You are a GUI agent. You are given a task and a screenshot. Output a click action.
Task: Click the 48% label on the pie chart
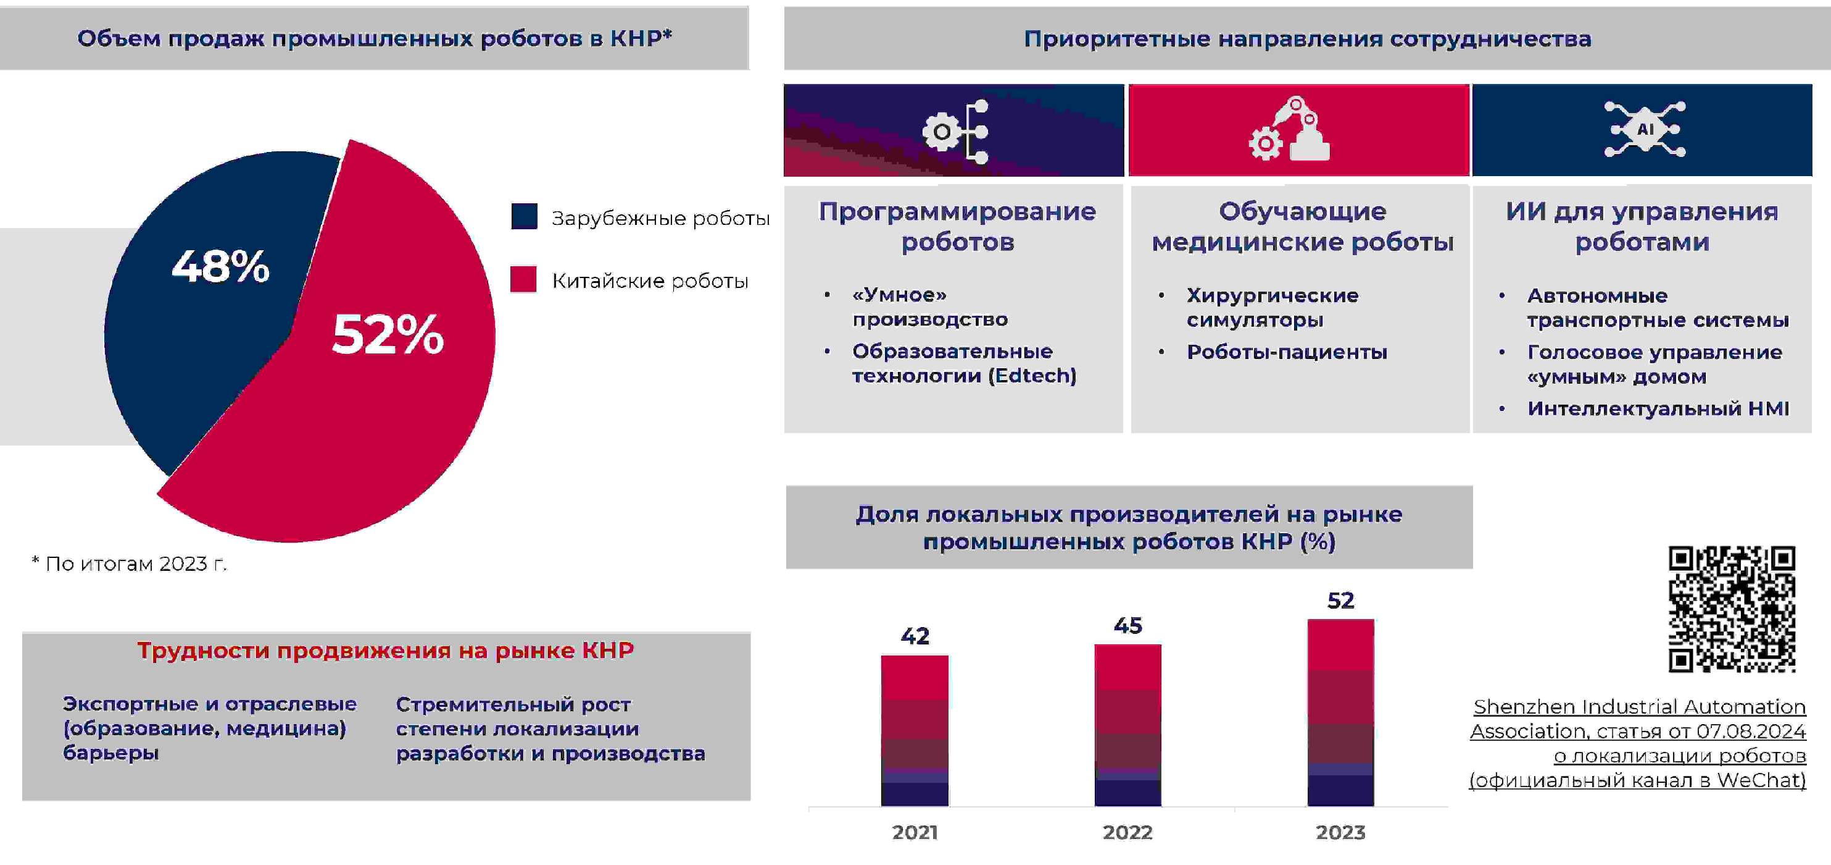[x=220, y=266]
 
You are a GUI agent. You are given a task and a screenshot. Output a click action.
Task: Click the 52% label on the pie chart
[x=388, y=334]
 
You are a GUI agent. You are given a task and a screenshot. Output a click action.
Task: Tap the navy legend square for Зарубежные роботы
[x=524, y=216]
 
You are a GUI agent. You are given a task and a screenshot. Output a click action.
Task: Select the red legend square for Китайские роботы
[x=523, y=279]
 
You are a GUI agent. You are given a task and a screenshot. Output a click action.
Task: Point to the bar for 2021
[x=915, y=730]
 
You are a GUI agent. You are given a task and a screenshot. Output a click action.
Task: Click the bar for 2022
[x=1128, y=725]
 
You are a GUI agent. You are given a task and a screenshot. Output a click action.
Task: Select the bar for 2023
[x=1340, y=713]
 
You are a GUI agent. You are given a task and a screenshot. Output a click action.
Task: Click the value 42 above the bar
[x=915, y=636]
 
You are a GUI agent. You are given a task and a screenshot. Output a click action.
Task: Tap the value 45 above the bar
[x=1128, y=626]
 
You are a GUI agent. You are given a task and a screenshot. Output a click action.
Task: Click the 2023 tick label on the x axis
[x=1340, y=832]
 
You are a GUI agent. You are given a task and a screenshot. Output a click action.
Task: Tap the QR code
[x=1732, y=609]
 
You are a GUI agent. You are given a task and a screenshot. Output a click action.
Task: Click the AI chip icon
[x=1645, y=130]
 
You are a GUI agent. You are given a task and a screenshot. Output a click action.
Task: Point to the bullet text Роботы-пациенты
[x=1287, y=352]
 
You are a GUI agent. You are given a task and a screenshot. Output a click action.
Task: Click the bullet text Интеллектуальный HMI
[x=1658, y=408]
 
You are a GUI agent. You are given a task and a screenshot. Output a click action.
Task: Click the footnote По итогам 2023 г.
[x=130, y=564]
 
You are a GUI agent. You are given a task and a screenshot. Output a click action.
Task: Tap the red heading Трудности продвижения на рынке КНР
[x=385, y=650]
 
